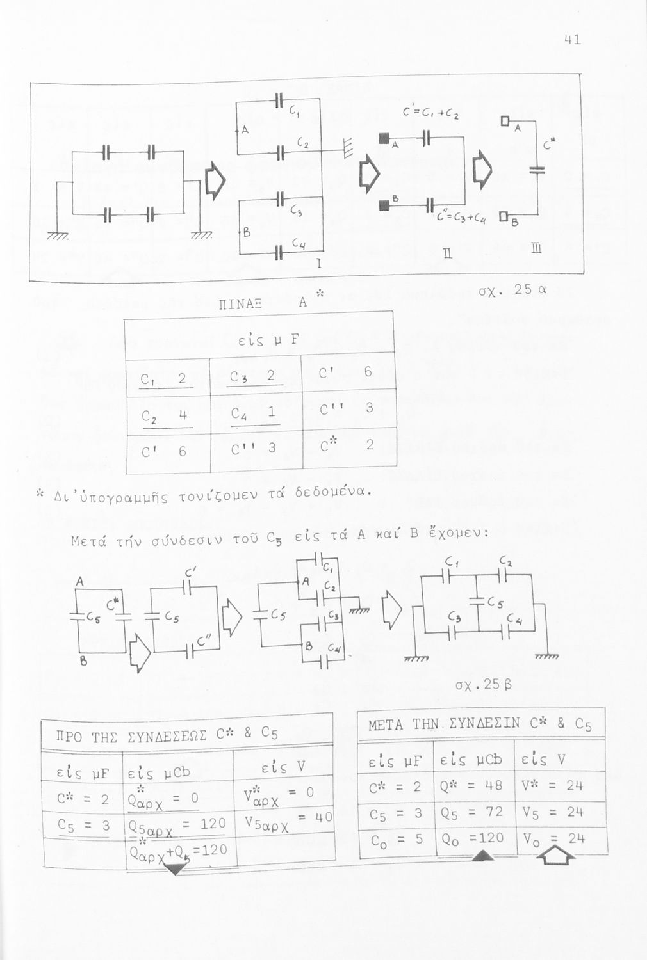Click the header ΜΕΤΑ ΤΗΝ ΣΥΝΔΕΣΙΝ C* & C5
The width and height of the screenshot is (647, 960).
(480, 724)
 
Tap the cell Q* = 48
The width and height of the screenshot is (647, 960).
(474, 786)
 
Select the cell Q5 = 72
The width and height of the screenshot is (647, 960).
(474, 813)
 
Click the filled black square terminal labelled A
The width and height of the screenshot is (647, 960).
(385, 138)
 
